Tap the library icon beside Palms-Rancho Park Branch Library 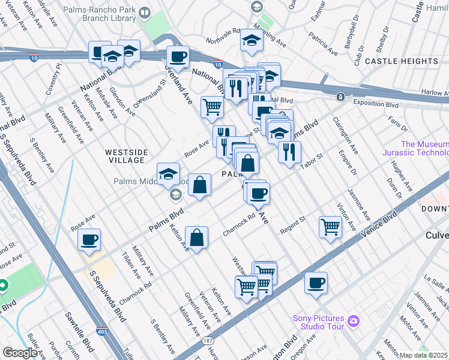tap(145, 13)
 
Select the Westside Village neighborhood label tap(125, 156)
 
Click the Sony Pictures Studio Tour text tap(318, 322)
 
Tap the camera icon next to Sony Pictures tap(353, 322)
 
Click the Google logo tap(20, 353)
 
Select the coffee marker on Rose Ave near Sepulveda tap(89, 240)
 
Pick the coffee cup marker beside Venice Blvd tap(316, 283)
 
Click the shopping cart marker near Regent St tap(330, 227)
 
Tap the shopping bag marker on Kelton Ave tap(196, 238)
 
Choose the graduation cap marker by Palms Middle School tap(169, 175)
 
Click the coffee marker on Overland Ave tap(178, 57)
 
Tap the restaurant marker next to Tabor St tap(289, 151)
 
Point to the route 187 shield tap(208, 341)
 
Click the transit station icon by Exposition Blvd tap(340, 97)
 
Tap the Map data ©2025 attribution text tap(424, 355)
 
